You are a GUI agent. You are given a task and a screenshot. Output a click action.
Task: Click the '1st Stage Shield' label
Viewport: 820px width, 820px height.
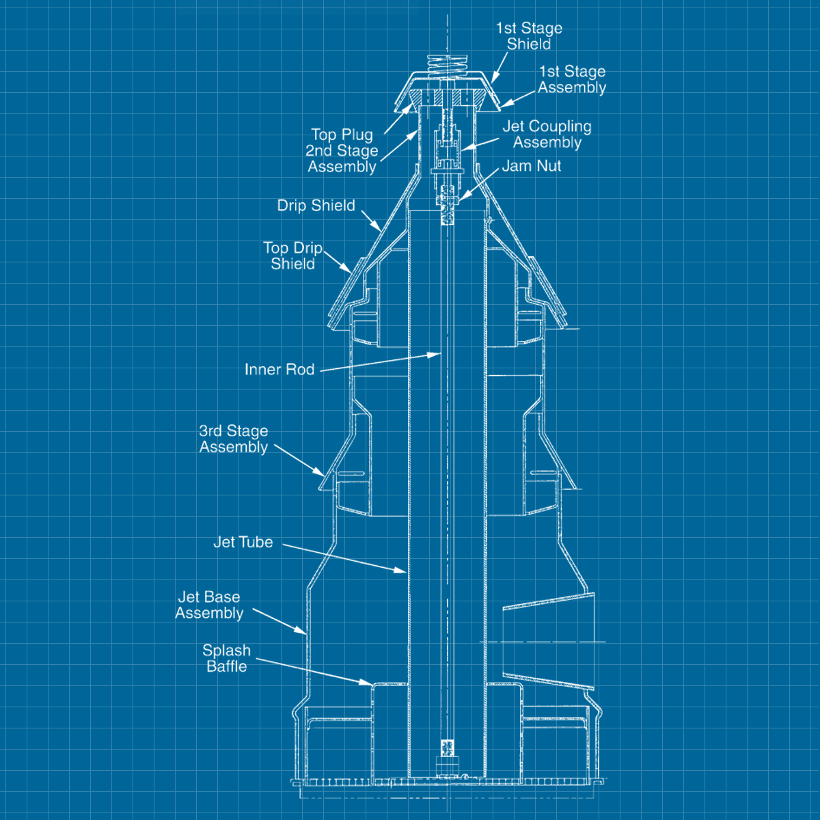click(529, 36)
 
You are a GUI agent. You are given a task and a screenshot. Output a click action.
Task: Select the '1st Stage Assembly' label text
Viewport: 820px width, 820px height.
click(572, 79)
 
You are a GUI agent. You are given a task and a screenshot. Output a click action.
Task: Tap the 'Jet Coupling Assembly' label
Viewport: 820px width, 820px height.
click(547, 135)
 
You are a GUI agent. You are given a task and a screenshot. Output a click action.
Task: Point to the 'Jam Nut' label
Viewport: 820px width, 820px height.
click(532, 166)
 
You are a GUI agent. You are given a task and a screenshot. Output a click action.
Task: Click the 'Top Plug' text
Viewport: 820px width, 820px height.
click(342, 135)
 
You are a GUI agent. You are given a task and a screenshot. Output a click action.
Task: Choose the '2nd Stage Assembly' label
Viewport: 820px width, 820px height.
click(342, 159)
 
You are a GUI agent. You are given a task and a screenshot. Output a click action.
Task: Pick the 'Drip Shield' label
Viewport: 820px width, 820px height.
click(316, 206)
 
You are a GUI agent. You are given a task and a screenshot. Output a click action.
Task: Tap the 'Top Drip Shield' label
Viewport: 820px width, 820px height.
click(292, 256)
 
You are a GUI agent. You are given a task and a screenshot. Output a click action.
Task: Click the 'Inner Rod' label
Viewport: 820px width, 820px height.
click(279, 370)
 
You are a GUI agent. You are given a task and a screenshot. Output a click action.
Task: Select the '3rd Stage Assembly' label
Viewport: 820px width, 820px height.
click(234, 439)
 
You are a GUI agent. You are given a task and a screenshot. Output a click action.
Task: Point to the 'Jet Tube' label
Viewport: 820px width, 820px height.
click(243, 543)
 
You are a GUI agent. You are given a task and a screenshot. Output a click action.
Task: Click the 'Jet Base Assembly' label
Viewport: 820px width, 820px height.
click(209, 605)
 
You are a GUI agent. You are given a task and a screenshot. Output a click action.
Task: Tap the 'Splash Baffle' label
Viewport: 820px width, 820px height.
click(226, 658)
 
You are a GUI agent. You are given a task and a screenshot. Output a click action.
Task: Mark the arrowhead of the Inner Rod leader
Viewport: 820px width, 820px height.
click(437, 354)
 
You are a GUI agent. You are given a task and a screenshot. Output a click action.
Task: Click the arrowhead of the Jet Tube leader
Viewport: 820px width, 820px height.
click(404, 570)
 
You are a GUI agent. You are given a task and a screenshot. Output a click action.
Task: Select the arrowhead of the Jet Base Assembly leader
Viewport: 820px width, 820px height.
click(303, 632)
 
